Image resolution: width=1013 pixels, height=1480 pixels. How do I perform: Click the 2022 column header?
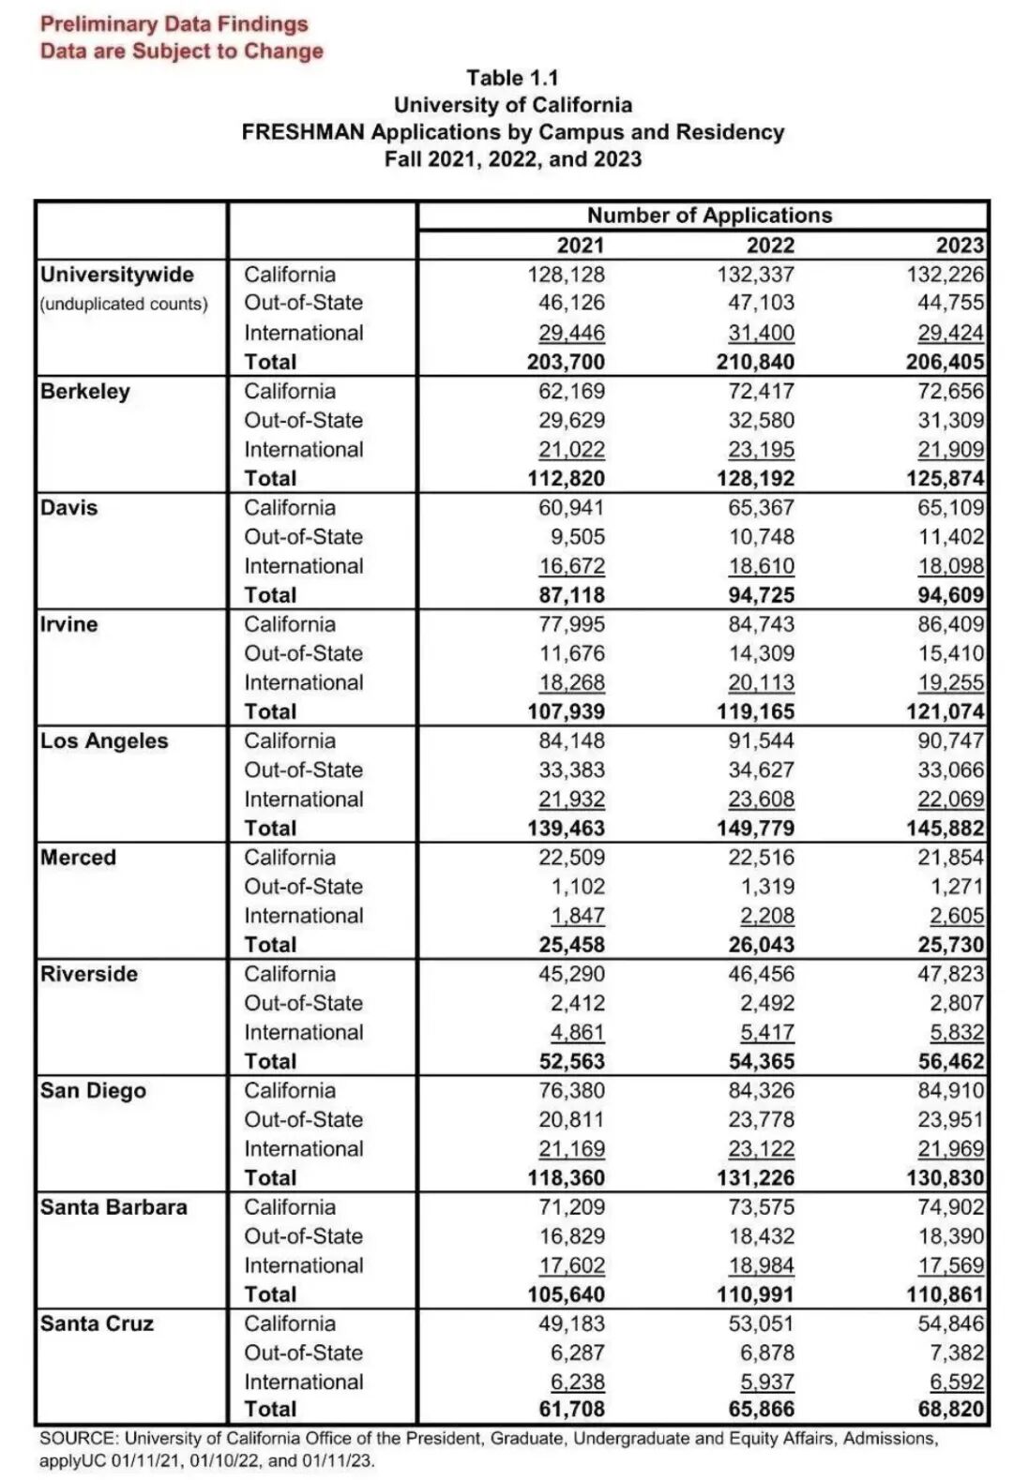click(x=770, y=246)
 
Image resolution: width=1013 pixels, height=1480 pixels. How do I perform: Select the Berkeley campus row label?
click(x=85, y=392)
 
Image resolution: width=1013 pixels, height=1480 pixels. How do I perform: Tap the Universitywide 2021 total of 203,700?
click(x=566, y=362)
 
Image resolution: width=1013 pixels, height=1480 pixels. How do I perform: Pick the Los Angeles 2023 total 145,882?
click(x=945, y=828)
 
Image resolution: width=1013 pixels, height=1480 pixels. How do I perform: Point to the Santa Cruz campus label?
click(x=97, y=1323)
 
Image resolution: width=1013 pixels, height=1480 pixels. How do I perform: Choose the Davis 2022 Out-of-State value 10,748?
click(x=761, y=537)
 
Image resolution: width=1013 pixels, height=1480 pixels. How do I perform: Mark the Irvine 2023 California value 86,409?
click(x=950, y=624)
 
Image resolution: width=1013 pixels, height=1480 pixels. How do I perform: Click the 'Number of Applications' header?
click(x=709, y=216)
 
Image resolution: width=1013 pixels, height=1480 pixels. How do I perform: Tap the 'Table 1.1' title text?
click(x=512, y=78)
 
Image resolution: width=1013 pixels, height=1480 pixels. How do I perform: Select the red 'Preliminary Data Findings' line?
click(x=174, y=24)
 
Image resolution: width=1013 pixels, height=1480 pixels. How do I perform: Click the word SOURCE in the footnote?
click(x=77, y=1438)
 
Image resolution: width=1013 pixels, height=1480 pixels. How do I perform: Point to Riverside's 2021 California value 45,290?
click(x=571, y=974)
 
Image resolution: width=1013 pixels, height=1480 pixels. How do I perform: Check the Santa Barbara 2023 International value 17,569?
click(x=950, y=1265)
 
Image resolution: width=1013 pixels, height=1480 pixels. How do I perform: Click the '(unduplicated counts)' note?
click(x=124, y=304)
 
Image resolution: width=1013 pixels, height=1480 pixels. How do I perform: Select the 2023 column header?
click(x=960, y=246)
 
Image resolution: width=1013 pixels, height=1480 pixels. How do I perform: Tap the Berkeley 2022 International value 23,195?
click(x=761, y=450)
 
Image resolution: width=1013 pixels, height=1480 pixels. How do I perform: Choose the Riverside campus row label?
click(x=89, y=974)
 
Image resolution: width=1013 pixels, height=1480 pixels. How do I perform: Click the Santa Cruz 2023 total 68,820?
click(x=951, y=1409)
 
